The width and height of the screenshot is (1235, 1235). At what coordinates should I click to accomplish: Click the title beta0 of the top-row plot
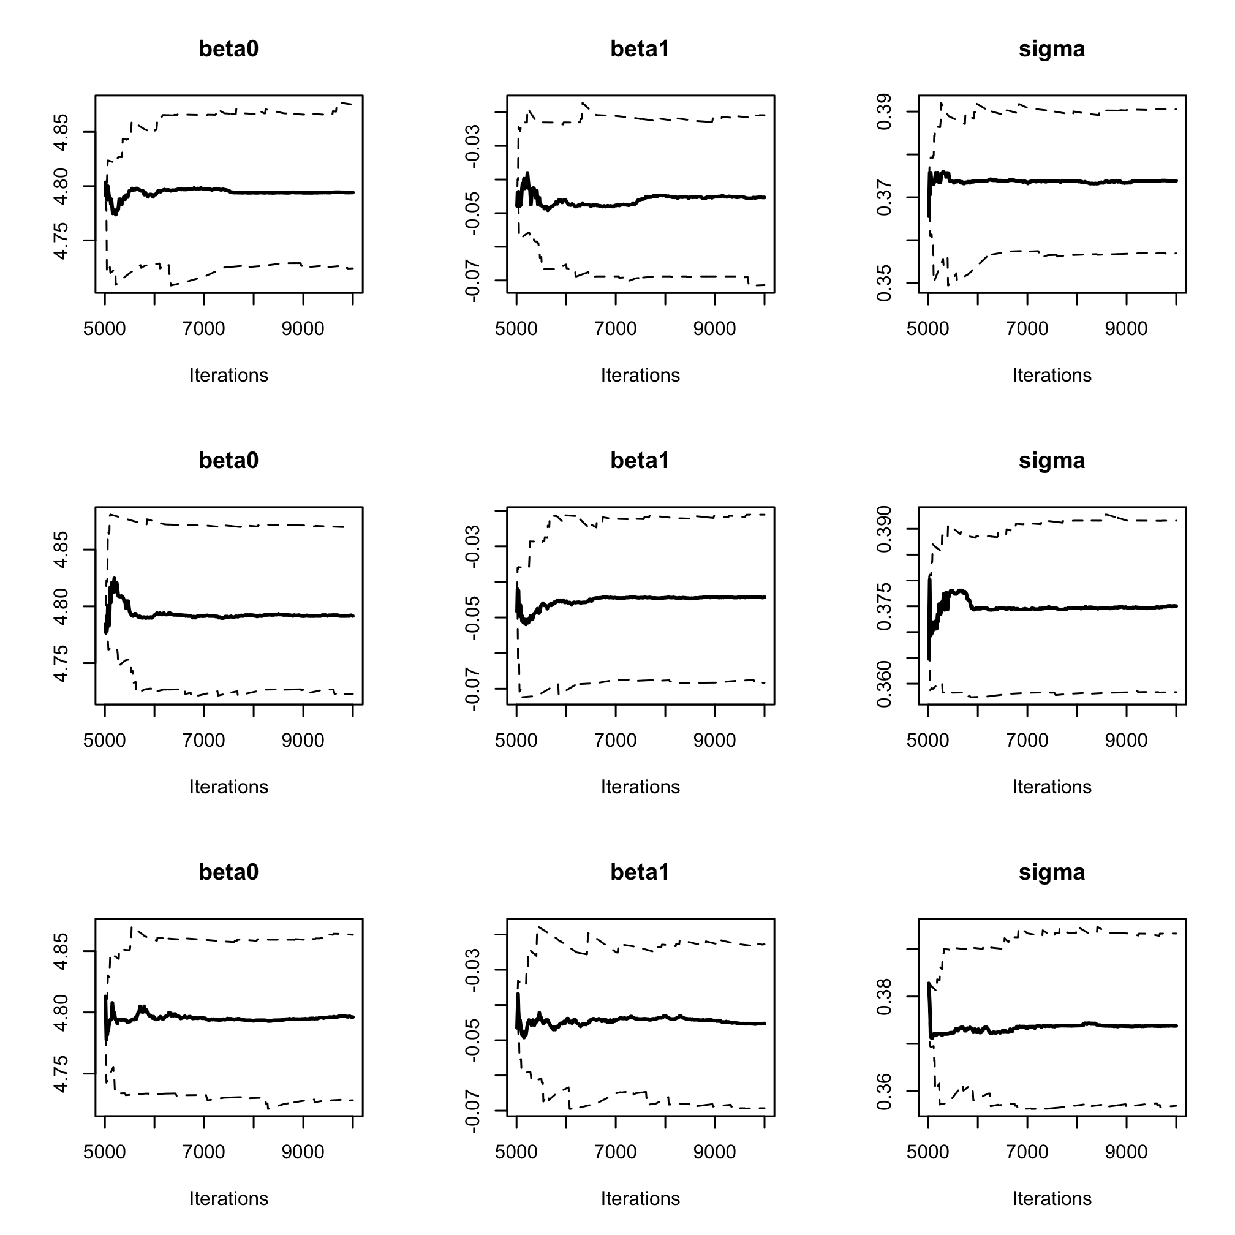(228, 49)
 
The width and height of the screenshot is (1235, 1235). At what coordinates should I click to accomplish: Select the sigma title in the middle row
(1052, 460)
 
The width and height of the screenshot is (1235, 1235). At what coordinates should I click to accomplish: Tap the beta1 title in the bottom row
(640, 872)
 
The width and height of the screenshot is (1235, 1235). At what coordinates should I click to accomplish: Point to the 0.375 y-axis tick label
(884, 606)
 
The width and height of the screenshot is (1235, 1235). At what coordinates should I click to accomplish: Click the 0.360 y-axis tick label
(884, 685)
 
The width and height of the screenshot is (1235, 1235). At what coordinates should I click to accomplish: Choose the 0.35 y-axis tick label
(884, 283)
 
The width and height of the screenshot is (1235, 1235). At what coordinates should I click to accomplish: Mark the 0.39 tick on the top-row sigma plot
(884, 112)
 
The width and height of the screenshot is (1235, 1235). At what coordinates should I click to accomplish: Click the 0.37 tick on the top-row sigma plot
(884, 197)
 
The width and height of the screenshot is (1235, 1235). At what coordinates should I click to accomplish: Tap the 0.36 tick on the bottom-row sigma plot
(884, 1092)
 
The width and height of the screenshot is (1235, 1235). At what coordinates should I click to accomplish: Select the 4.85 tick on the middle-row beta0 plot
(61, 549)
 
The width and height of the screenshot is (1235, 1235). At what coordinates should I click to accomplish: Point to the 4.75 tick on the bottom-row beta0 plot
(61, 1074)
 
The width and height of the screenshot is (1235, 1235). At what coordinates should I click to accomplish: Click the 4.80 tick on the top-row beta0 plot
(61, 186)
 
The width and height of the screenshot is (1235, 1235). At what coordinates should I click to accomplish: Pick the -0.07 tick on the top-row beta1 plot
(472, 280)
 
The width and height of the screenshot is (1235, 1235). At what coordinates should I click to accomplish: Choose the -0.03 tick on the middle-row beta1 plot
(472, 546)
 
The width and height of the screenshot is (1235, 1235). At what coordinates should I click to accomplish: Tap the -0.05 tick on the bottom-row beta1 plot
(472, 1040)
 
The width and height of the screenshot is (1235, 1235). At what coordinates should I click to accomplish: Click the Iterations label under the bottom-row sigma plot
(1052, 1199)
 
